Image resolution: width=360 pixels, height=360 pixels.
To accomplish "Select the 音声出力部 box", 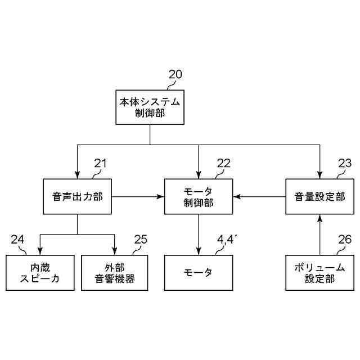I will point(77,197).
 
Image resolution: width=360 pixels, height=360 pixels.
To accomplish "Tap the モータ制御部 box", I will point(198,197).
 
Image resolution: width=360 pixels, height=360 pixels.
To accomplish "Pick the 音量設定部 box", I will point(319,197).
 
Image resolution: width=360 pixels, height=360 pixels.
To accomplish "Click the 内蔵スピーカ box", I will point(39,273).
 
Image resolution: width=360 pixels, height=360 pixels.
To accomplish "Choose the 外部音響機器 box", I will point(115,273).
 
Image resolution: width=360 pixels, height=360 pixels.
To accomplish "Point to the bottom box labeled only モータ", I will point(198,273).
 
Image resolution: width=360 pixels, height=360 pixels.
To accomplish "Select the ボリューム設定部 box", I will point(319,273).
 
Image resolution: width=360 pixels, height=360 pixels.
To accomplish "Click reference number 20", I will point(175,74).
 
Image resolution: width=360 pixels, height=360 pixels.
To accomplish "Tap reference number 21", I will point(100,164).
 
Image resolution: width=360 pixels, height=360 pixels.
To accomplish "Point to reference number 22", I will point(223,164).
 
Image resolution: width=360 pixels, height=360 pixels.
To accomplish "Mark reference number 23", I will point(344,164).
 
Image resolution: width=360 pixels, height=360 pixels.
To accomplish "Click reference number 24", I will point(17,240).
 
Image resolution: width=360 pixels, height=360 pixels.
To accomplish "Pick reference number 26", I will point(344,240).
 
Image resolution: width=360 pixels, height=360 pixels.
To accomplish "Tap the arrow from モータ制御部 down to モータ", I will point(198,234).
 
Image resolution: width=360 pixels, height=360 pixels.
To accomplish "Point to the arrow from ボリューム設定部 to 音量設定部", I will point(319,234).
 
